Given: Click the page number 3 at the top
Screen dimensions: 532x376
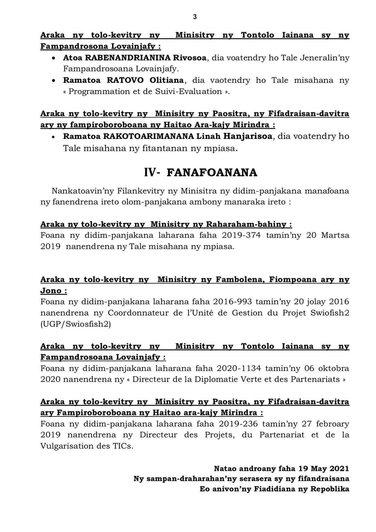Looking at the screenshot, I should (x=195, y=17).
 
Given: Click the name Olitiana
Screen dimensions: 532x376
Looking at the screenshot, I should (x=166, y=80).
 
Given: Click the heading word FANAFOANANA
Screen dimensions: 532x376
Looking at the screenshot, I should (x=212, y=173).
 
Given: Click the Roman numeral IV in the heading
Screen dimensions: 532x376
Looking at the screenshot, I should (x=151, y=173).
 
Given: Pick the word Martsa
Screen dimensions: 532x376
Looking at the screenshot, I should (x=335, y=235).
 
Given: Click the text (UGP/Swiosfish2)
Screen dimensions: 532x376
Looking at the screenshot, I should (x=76, y=324).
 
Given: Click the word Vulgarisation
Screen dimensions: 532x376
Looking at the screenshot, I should (x=70, y=446).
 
